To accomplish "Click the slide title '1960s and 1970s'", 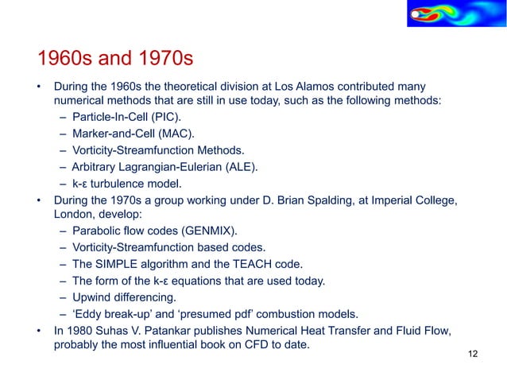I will [x=116, y=59].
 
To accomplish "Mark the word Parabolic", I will [x=99, y=231].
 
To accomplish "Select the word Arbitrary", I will [x=95, y=167].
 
